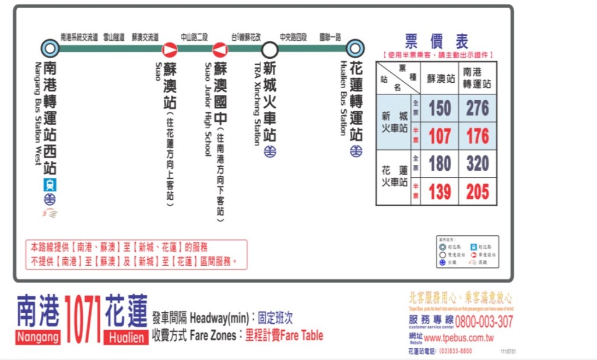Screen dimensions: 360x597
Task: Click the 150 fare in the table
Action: click(440, 108)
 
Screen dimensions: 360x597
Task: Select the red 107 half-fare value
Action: click(440, 136)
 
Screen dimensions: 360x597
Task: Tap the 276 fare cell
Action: click(477, 108)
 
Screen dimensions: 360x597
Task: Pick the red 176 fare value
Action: click(477, 136)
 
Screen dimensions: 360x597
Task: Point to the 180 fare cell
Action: click(440, 164)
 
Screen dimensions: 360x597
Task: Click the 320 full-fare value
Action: click(477, 164)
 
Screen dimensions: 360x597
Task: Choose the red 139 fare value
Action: click(440, 192)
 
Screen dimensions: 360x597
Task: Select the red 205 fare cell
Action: click(477, 192)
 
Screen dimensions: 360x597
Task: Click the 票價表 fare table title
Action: click(436, 41)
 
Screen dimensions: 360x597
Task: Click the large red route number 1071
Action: click(83, 319)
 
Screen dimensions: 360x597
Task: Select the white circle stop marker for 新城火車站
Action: click(269, 50)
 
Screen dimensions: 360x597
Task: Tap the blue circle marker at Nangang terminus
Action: click(51, 48)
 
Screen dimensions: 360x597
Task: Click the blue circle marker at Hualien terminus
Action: click(354, 49)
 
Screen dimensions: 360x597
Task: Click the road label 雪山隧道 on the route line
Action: click(114, 37)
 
